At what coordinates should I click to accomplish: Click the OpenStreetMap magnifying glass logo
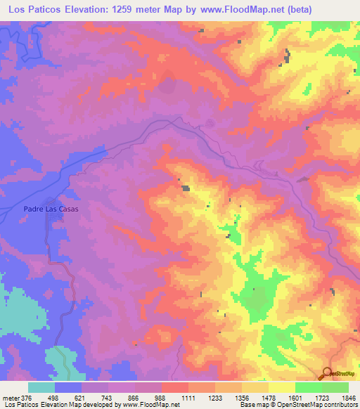point(328,373)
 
